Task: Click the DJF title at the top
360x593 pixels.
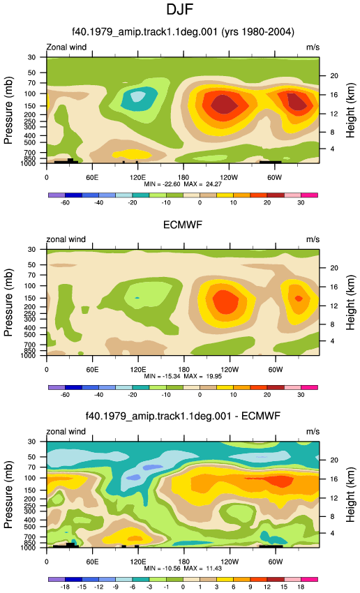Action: pos(179,9)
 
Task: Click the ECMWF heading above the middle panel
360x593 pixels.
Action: pos(183,225)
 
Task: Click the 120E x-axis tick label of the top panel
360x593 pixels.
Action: pos(137,177)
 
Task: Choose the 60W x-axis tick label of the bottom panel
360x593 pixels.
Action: pos(275,562)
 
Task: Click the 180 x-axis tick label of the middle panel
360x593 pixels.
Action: pos(183,370)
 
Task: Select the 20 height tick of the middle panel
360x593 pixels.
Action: pos(334,268)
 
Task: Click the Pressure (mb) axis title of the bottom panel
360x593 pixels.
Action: pos(8,495)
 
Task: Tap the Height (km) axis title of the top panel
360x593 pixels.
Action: pos(350,110)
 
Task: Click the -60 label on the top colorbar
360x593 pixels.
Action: pos(65,203)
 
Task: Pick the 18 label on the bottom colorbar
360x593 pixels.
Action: pos(301,587)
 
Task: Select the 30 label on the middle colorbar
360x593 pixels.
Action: pos(301,395)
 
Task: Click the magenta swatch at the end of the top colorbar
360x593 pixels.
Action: pos(309,195)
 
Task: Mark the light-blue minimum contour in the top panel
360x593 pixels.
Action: pos(138,96)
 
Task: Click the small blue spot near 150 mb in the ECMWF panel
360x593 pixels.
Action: pos(137,298)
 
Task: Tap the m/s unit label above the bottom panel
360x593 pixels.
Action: pos(313,432)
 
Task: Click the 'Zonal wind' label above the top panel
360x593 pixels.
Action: pos(66,47)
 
